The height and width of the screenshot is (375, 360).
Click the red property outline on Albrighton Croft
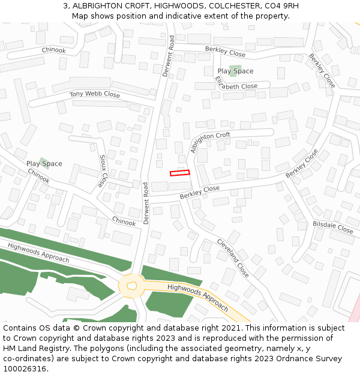tap(179, 173)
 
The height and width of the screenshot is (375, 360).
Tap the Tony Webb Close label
tap(94, 94)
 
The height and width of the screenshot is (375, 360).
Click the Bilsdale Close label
tap(333, 227)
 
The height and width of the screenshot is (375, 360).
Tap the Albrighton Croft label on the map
tap(210, 143)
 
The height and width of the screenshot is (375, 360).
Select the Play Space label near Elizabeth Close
tap(235, 71)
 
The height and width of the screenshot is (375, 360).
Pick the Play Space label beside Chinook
tap(44, 163)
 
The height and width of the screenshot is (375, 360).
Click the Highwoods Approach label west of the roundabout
tap(38, 253)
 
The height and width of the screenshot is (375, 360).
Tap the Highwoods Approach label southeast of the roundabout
tap(197, 296)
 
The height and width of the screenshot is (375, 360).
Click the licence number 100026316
tap(25, 368)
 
